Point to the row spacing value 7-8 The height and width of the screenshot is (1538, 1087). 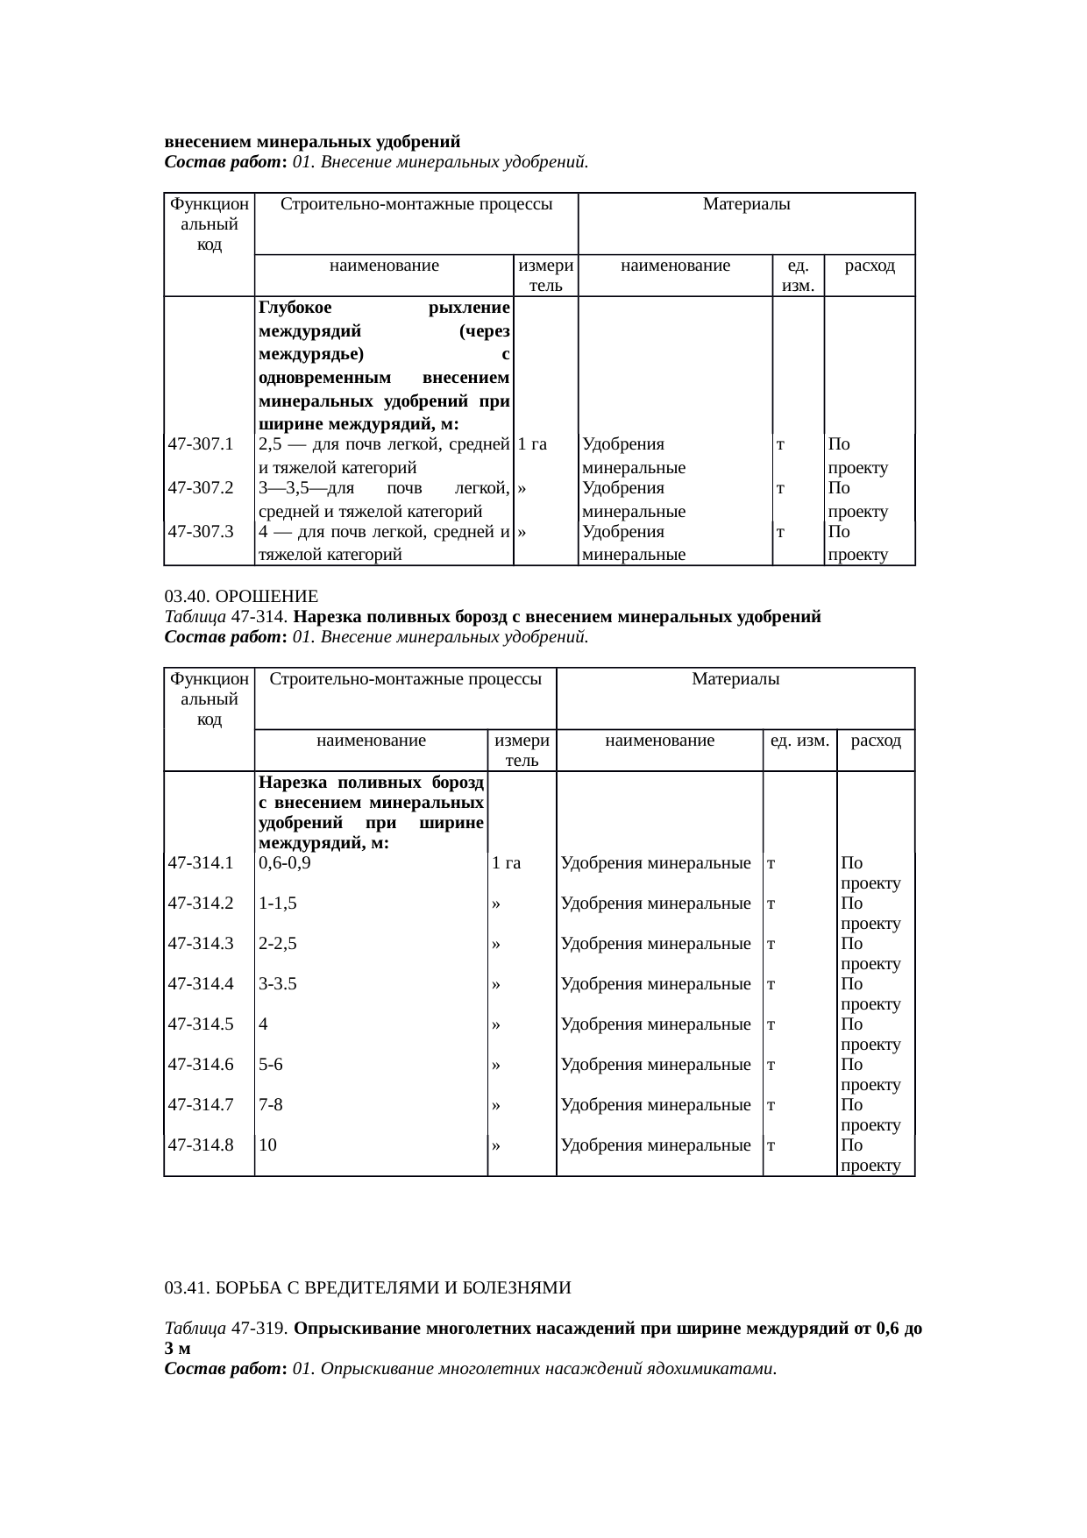click(271, 1104)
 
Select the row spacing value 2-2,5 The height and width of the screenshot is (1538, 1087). click(278, 943)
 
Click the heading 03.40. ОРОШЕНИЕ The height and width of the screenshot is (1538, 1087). click(241, 597)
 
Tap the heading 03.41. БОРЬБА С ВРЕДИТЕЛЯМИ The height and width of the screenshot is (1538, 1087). click(367, 1287)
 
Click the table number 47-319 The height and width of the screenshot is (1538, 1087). click(260, 1329)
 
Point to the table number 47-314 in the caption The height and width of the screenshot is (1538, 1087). click(260, 617)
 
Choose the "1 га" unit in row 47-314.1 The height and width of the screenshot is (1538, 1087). click(507, 862)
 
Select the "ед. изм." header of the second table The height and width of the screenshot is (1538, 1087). click(799, 740)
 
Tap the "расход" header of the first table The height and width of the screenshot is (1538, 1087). click(870, 265)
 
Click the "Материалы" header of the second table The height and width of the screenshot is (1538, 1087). click(735, 678)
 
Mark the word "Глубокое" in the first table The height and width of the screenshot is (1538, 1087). click(295, 308)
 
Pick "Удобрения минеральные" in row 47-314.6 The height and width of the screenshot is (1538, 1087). click(656, 1064)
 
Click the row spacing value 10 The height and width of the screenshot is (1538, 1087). click(268, 1145)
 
